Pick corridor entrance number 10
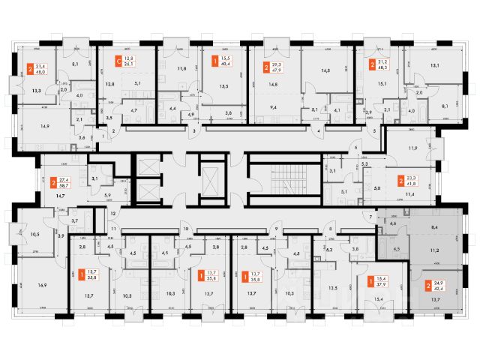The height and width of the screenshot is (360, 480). [x=185, y=229]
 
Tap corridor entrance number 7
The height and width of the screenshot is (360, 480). [x=370, y=217]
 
